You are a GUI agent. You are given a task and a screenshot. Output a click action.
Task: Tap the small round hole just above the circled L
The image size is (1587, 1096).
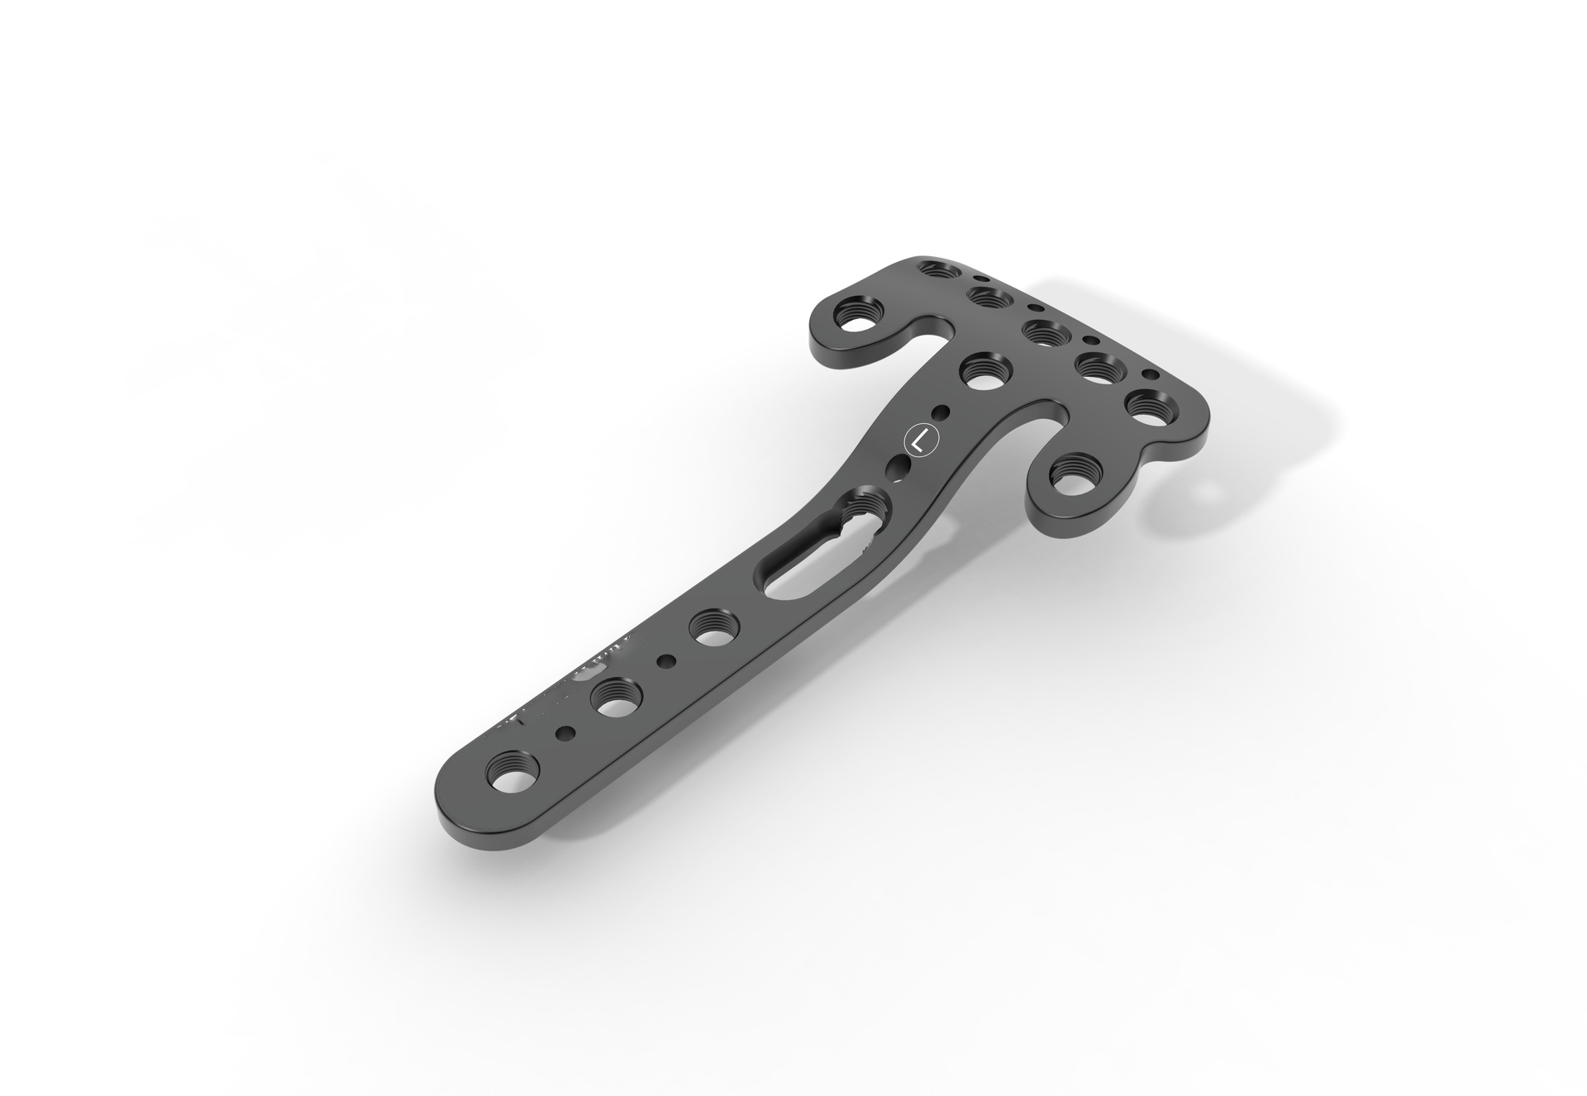click(940, 412)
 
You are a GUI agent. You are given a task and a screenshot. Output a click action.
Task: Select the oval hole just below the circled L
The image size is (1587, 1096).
click(897, 469)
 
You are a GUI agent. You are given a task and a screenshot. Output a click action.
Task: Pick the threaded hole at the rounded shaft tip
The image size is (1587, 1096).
click(512, 776)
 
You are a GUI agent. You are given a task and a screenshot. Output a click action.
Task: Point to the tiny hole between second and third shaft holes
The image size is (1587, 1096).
click(665, 660)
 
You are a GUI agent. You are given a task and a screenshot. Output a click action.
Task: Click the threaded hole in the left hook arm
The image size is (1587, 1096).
click(858, 317)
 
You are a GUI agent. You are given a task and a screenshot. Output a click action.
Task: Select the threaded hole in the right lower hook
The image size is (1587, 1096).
click(1075, 478)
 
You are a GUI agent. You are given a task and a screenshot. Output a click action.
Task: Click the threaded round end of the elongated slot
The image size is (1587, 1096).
click(865, 503)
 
